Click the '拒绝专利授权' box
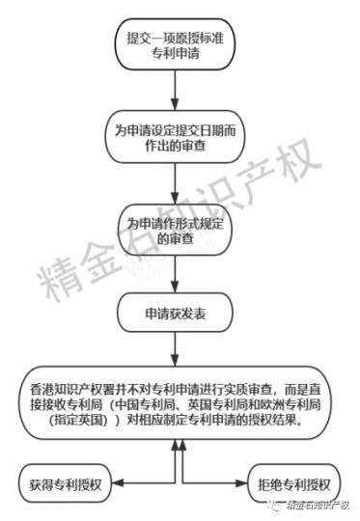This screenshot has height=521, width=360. point(292,483)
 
